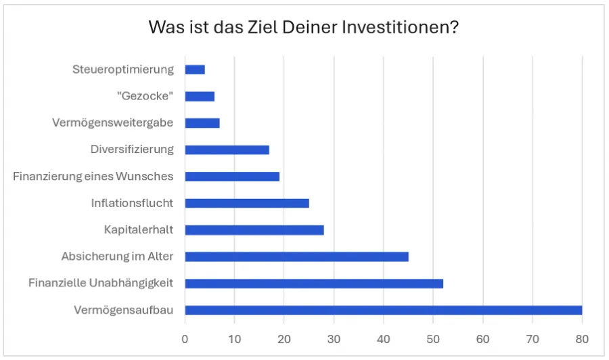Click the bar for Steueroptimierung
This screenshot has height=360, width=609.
click(x=195, y=70)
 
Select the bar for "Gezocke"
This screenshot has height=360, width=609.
click(x=200, y=96)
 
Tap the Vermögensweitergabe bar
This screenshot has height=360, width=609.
click(x=202, y=123)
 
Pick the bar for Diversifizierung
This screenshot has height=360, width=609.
click(x=227, y=150)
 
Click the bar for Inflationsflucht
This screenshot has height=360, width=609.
click(x=247, y=203)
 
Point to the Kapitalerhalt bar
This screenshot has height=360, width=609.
click(x=254, y=230)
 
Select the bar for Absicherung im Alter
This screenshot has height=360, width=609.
click(x=296, y=256)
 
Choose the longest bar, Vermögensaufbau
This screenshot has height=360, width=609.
click(x=383, y=310)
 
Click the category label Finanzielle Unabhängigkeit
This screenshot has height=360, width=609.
click(x=101, y=284)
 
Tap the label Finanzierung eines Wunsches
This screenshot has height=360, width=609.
click(x=93, y=177)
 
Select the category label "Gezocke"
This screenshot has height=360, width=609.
click(x=145, y=96)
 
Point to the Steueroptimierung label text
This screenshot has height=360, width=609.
click(x=123, y=70)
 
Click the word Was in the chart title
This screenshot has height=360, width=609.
click(x=164, y=28)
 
